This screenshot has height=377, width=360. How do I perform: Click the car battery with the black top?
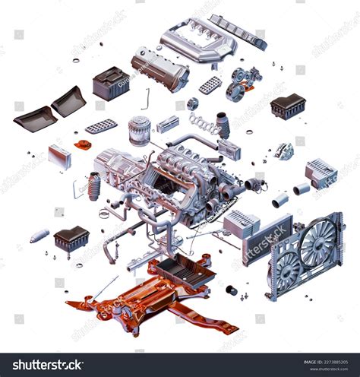coord(110,83)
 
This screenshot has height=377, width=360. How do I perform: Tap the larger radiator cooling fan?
coord(317,242)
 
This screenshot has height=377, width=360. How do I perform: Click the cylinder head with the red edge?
coord(159,69)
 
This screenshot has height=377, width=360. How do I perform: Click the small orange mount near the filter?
coord(82,143)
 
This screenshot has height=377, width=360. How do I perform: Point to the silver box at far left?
coord(59,156)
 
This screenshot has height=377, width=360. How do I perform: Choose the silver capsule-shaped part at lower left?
coord(39,236)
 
